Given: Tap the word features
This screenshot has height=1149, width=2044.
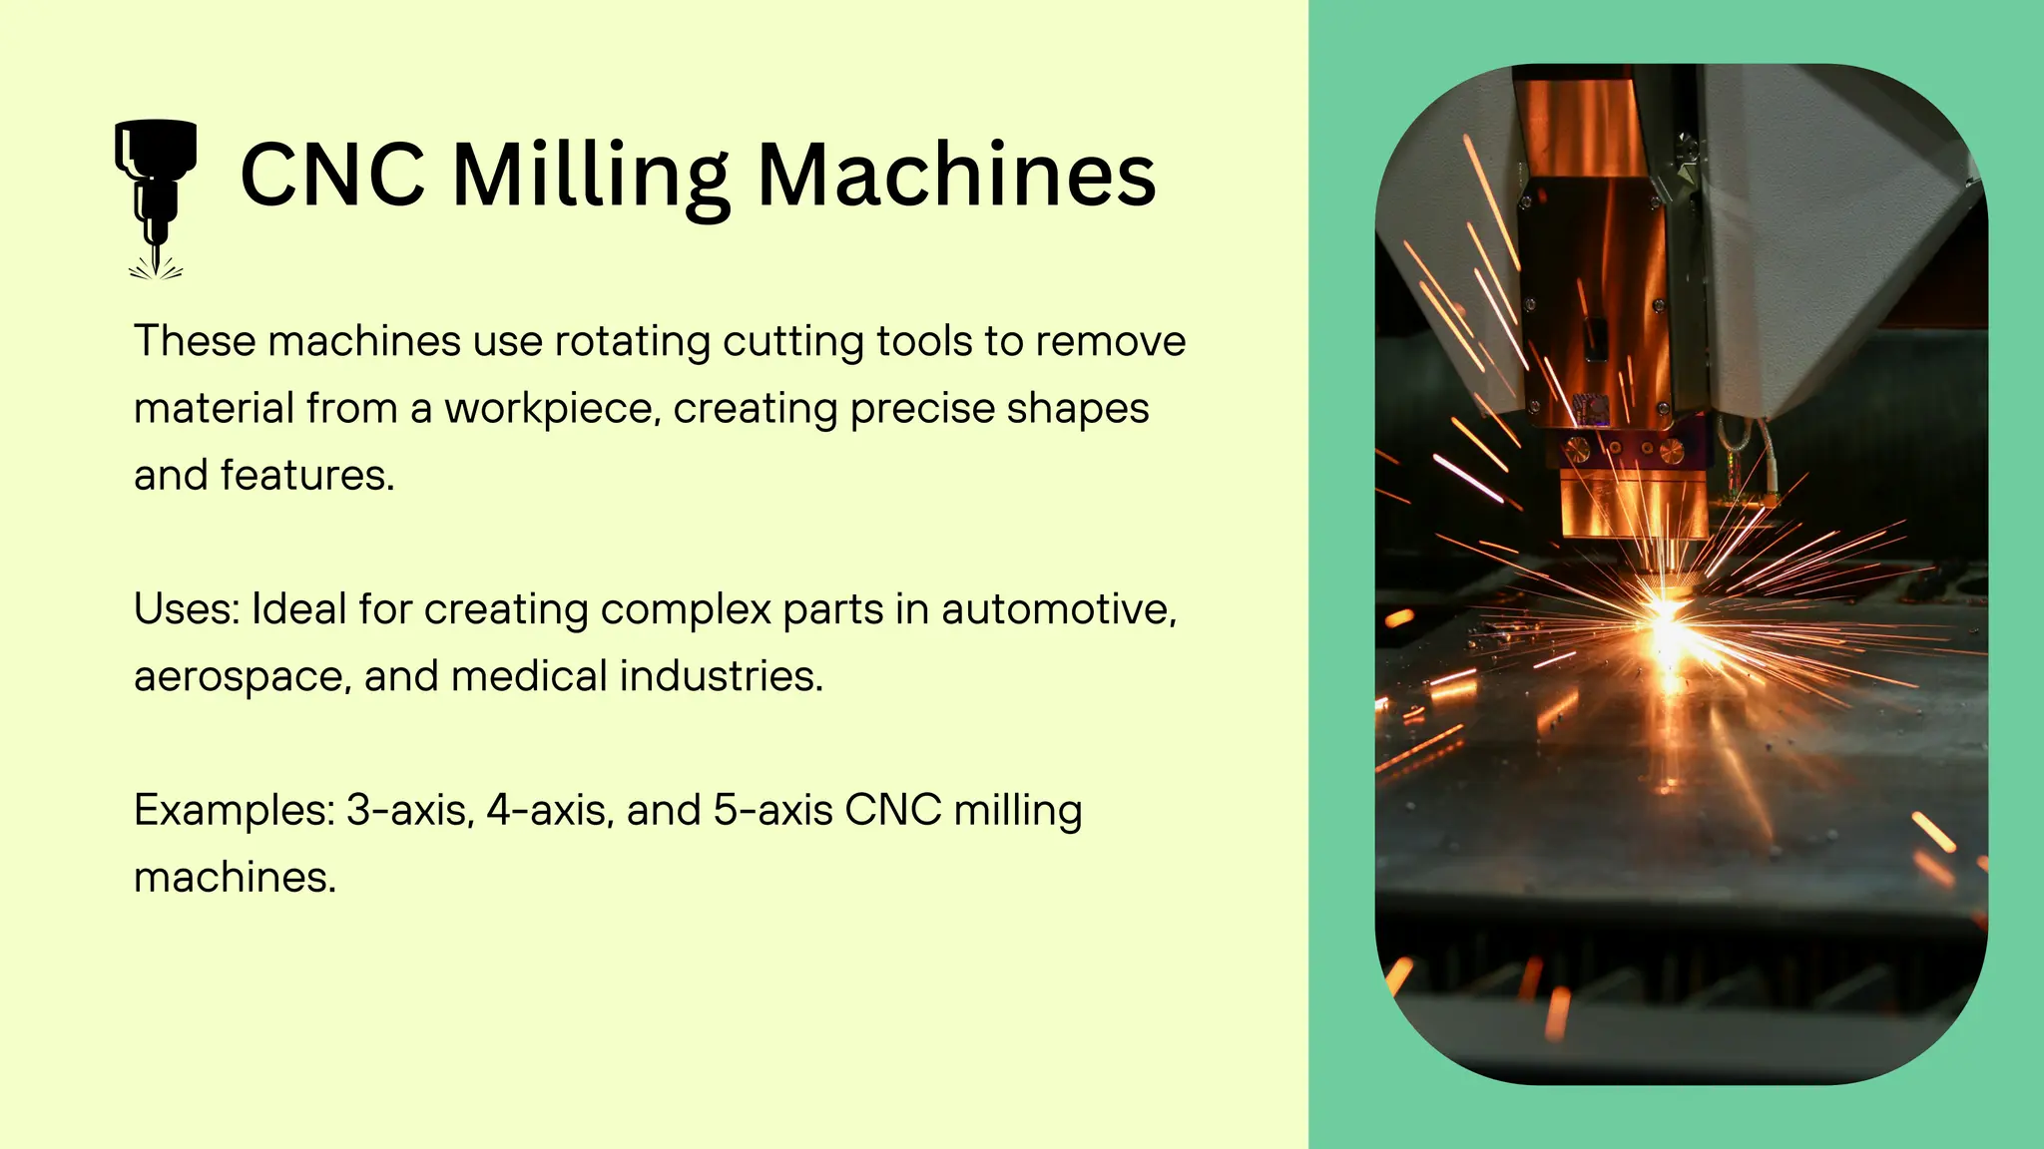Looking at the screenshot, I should tap(307, 475).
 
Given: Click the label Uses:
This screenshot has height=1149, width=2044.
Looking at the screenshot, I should tap(187, 608).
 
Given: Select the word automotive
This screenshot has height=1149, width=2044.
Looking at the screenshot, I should tap(1059, 608).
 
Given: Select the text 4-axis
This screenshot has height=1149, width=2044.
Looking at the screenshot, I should tap(550, 810).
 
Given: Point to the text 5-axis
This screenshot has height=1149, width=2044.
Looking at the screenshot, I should tap(773, 810).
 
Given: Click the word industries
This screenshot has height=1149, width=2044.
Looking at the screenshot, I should tap(722, 676).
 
